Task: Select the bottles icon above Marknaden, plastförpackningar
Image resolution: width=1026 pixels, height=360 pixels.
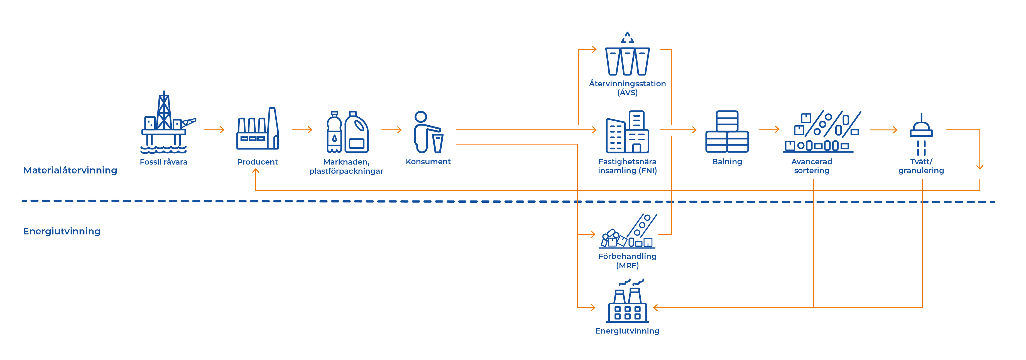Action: coord(347,132)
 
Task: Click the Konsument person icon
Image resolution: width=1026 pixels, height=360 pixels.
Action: coord(428,132)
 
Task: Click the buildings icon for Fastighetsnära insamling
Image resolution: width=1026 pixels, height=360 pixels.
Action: coord(627,132)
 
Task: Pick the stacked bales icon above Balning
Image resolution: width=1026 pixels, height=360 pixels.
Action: coord(727,132)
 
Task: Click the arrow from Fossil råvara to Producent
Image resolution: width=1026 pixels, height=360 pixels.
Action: coord(214,130)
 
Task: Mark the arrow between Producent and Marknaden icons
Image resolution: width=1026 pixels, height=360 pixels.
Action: coord(302,130)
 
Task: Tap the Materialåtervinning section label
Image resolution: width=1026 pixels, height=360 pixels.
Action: coord(70,170)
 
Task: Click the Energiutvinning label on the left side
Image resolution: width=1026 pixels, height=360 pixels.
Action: coord(62,231)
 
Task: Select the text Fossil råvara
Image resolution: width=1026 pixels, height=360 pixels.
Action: coord(163,162)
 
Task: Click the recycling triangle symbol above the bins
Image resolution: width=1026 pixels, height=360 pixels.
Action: coord(627,38)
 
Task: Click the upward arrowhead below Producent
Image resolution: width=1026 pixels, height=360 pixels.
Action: coord(256,171)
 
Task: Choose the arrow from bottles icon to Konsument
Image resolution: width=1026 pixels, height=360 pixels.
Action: coord(391,130)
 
